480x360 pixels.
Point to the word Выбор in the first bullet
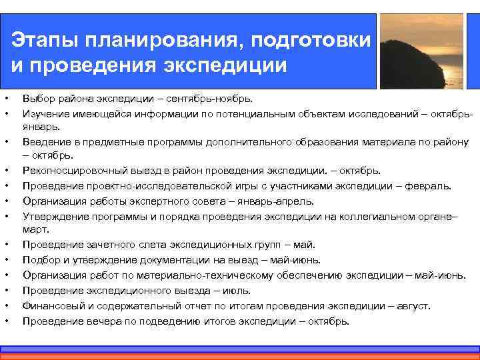point(37,99)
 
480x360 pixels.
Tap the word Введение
point(45,141)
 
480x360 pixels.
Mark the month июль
point(237,291)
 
